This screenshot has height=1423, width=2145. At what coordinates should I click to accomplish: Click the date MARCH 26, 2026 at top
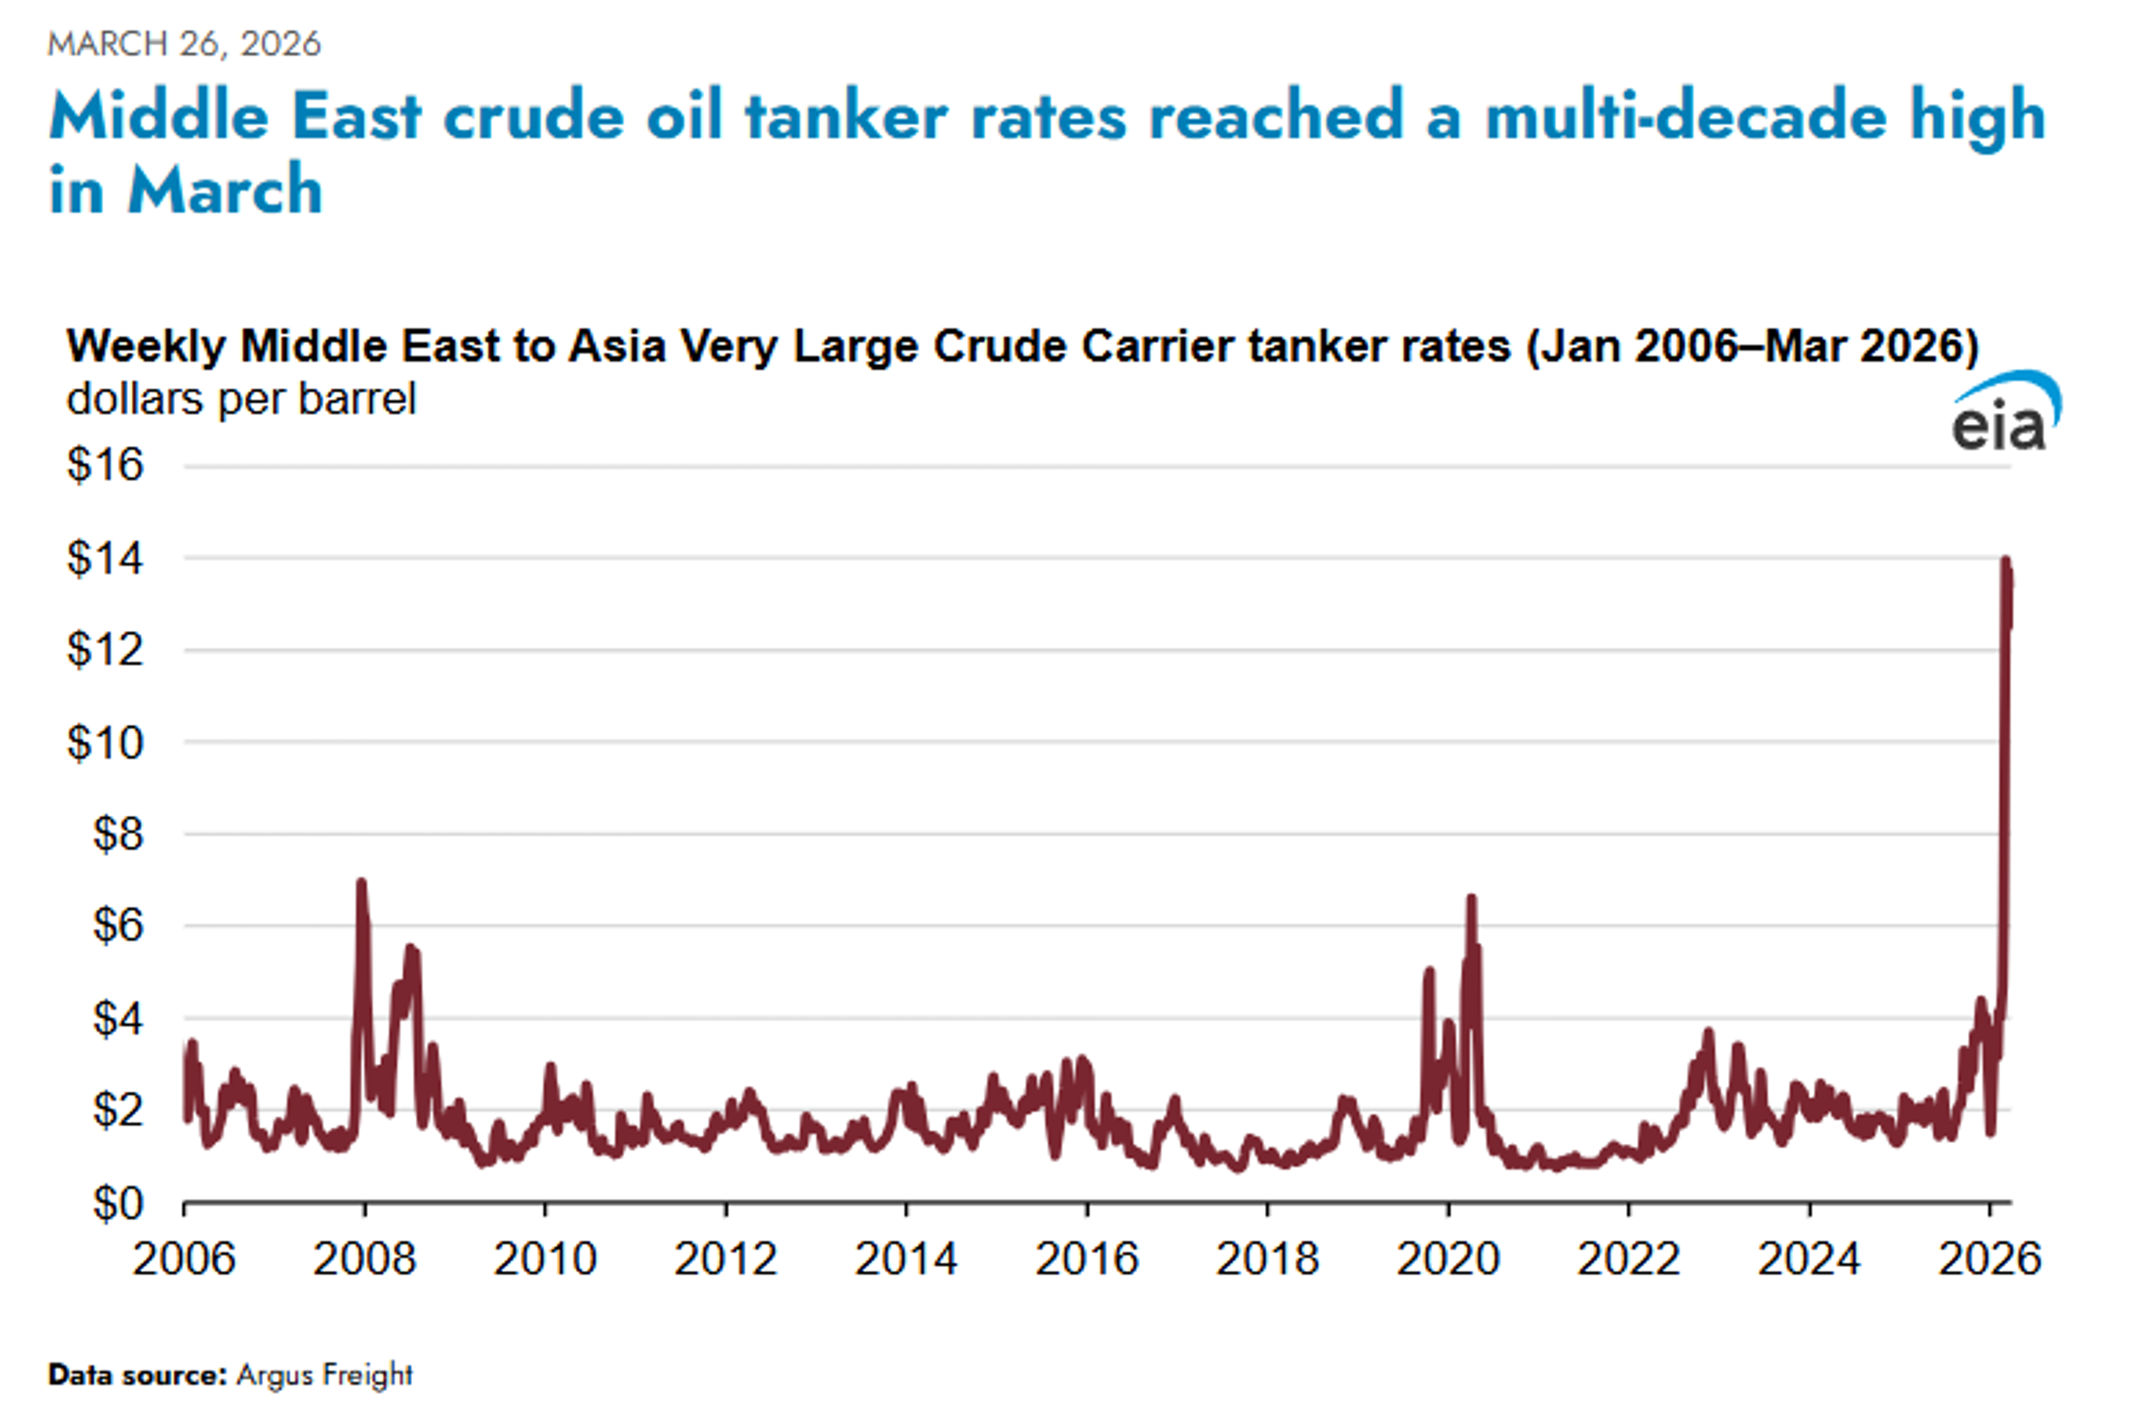(x=184, y=44)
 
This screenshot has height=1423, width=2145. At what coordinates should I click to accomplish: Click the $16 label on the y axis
(x=105, y=465)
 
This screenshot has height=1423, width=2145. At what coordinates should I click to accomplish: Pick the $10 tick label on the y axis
(x=105, y=743)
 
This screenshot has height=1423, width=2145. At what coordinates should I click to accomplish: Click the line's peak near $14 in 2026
(x=2006, y=561)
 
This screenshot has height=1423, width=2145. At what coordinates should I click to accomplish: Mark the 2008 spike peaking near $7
(x=361, y=883)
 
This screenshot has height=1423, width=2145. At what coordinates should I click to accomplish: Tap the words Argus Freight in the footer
(x=324, y=1375)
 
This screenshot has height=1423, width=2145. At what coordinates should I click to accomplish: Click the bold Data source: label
(x=137, y=1375)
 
